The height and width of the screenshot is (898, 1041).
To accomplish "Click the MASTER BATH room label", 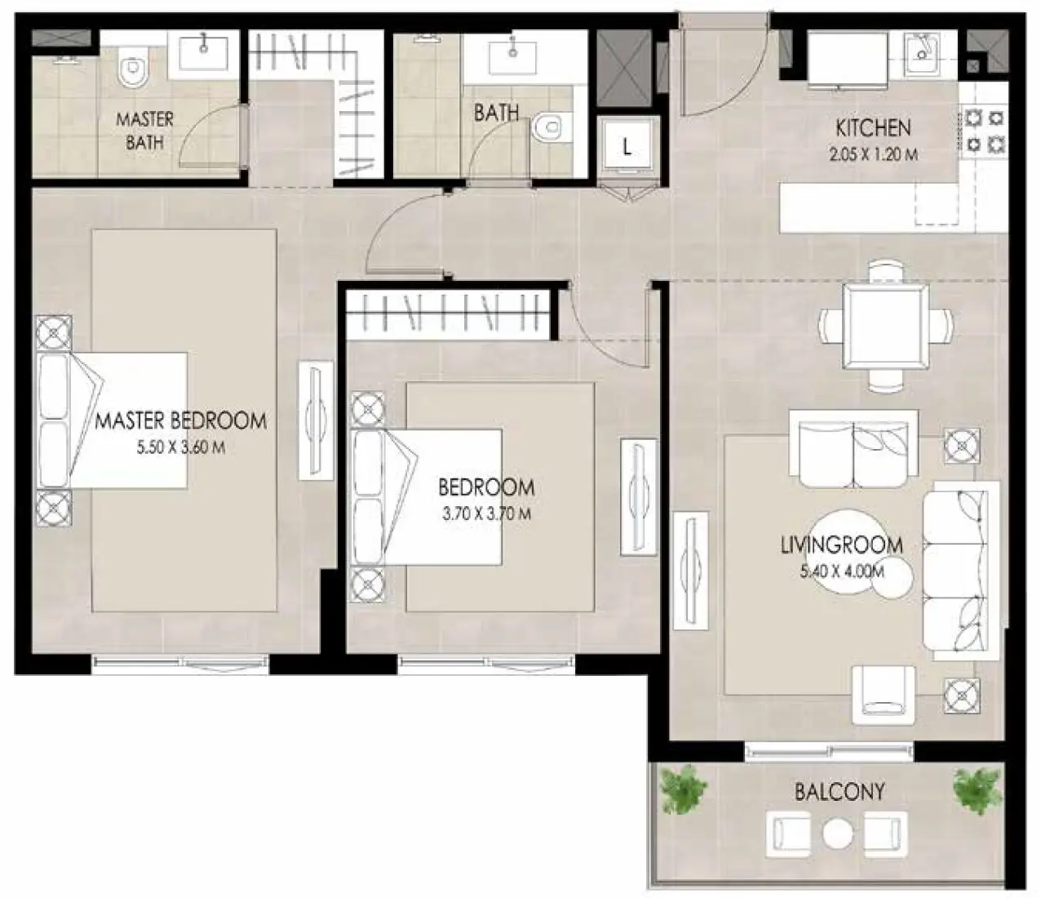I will (144, 131).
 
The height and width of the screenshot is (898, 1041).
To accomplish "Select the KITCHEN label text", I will (873, 127).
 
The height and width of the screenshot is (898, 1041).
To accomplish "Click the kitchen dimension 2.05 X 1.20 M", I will (873, 153).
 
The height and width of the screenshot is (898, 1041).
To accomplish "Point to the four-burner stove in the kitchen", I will (984, 131).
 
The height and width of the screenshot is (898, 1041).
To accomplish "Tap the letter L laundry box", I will (627, 147).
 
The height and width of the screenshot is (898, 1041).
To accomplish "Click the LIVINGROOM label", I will (841, 545).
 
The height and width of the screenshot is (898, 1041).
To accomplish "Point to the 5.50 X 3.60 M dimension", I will (181, 447).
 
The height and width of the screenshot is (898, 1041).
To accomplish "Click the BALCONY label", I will (839, 791).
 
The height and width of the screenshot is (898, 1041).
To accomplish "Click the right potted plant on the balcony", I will (977, 788).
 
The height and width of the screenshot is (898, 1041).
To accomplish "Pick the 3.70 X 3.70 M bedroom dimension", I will (486, 513).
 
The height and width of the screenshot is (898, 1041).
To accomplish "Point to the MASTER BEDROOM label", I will (181, 421).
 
